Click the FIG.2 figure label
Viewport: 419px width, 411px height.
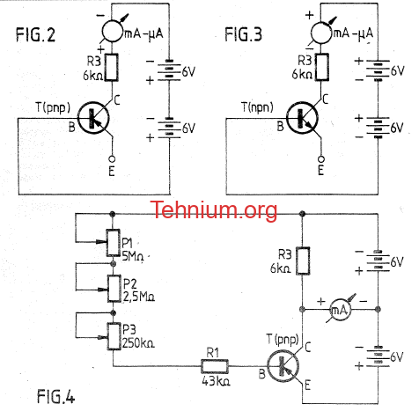pyautogui.click(x=35, y=34)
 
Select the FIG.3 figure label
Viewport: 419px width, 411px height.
pyautogui.click(x=243, y=34)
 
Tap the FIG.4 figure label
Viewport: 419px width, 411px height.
pyautogui.click(x=55, y=396)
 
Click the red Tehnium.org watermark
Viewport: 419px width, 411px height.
pyautogui.click(x=214, y=209)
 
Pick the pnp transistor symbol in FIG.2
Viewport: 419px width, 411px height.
pyautogui.click(x=93, y=118)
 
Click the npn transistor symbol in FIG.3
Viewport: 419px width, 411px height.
pyautogui.click(x=302, y=118)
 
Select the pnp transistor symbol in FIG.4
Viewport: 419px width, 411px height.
pyautogui.click(x=283, y=366)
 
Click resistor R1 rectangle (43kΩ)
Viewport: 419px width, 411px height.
pyautogui.click(x=215, y=366)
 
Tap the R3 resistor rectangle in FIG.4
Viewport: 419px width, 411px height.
pyautogui.click(x=303, y=261)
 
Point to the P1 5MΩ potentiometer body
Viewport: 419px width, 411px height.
pyautogui.click(x=114, y=243)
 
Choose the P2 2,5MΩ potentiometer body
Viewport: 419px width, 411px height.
pyautogui.click(x=114, y=289)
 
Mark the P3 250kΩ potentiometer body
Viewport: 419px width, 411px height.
pyautogui.click(x=114, y=336)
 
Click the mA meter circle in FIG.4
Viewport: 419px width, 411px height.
pyautogui.click(x=340, y=309)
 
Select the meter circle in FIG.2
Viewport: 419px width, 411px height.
pyautogui.click(x=113, y=33)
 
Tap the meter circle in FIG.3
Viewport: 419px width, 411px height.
pyautogui.click(x=320, y=33)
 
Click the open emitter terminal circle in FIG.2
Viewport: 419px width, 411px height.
pyautogui.click(x=112, y=159)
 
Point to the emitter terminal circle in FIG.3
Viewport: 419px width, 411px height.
pyautogui.click(x=321, y=159)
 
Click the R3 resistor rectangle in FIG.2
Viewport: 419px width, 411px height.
pyautogui.click(x=112, y=67)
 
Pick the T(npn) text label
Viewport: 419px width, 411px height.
pyautogui.click(x=257, y=107)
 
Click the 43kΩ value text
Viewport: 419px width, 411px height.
pyautogui.click(x=216, y=381)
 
